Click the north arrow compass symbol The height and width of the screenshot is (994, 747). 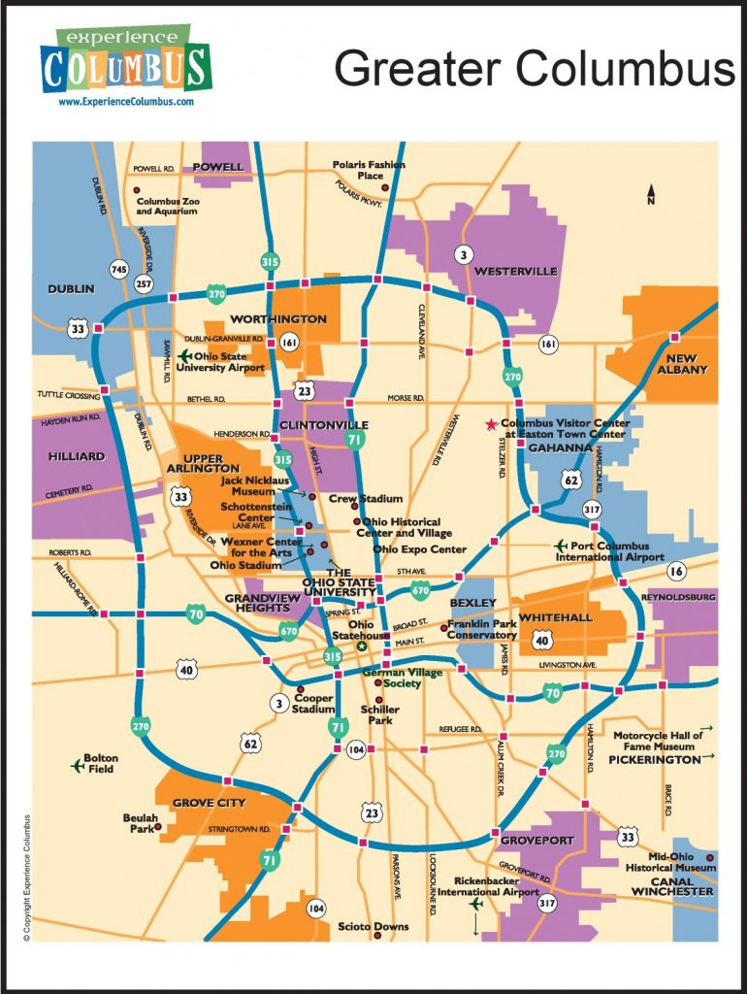652,194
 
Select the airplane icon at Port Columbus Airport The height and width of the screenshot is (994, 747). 560,546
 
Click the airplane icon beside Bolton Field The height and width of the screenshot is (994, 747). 78,765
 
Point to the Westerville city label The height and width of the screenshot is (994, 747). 515,272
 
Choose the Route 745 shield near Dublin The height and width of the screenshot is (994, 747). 119,269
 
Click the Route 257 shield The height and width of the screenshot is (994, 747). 145,283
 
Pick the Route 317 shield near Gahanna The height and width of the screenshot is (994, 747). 592,509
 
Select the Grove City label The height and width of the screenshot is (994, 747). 209,803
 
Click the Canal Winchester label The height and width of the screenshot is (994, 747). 672,884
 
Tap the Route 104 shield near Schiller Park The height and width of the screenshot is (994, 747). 356,749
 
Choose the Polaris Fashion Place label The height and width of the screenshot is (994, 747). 369,170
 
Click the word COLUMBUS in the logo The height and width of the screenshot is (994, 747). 125,69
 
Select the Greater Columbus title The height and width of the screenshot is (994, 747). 535,69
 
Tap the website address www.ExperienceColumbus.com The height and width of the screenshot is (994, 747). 126,101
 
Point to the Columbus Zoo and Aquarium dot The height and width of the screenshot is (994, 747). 138,188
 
